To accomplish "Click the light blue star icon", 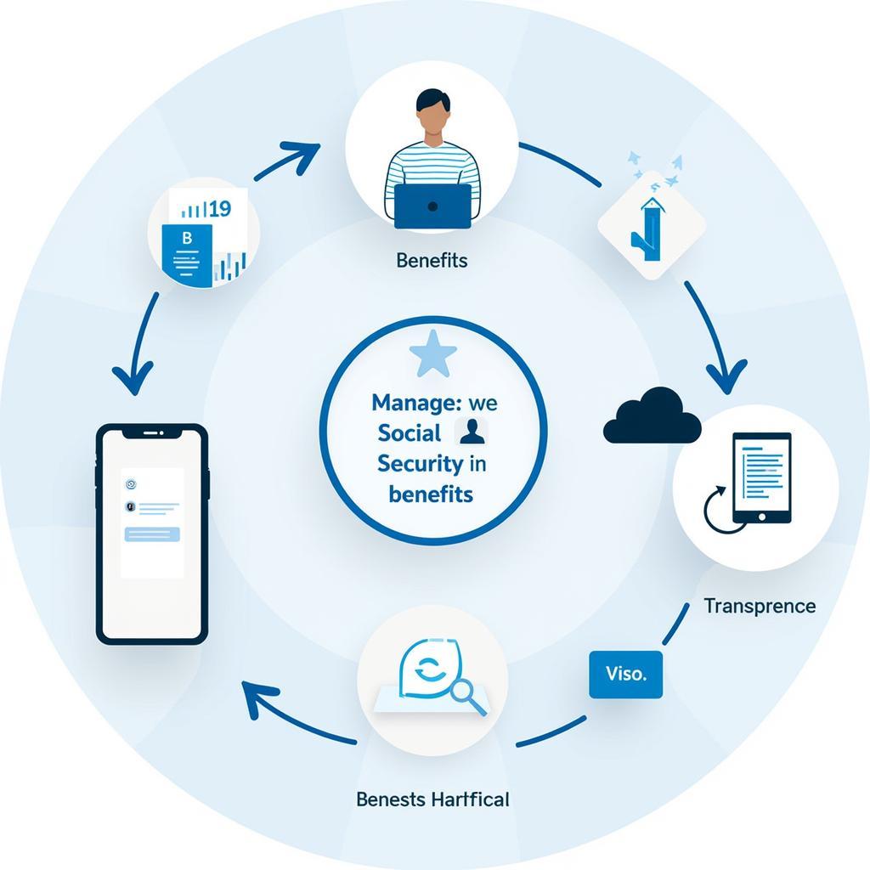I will (433, 356).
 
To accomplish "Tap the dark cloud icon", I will (652, 417).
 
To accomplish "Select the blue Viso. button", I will (625, 675).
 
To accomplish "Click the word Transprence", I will (760, 606).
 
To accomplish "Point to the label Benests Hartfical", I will (432, 799).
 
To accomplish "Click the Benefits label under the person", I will (432, 260).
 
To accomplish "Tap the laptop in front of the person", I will (432, 206).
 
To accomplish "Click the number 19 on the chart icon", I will (219, 208).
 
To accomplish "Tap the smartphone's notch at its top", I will (152, 432).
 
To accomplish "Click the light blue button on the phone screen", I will (152, 534).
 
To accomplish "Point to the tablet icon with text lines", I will (761, 477).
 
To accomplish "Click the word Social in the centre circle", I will (410, 432).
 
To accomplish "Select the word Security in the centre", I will (420, 463).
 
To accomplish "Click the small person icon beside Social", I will (472, 432).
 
